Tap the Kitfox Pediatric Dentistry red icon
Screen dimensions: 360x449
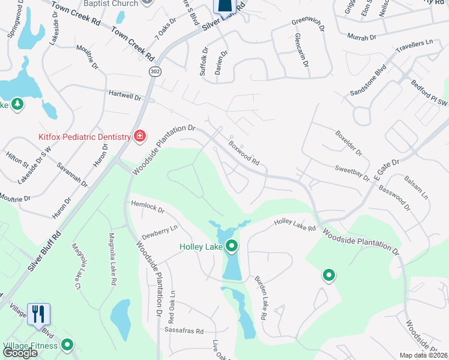coord(140,137)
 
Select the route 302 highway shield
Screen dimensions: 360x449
coord(155,71)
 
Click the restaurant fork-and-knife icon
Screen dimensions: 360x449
coord(38,313)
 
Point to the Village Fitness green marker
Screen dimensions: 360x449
coord(67,345)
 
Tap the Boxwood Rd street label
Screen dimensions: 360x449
coord(244,153)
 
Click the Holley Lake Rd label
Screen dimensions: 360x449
coord(295,225)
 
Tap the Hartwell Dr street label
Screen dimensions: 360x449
coord(124,95)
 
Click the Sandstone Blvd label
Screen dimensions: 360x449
coord(368,82)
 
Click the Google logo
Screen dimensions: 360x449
coord(20,353)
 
